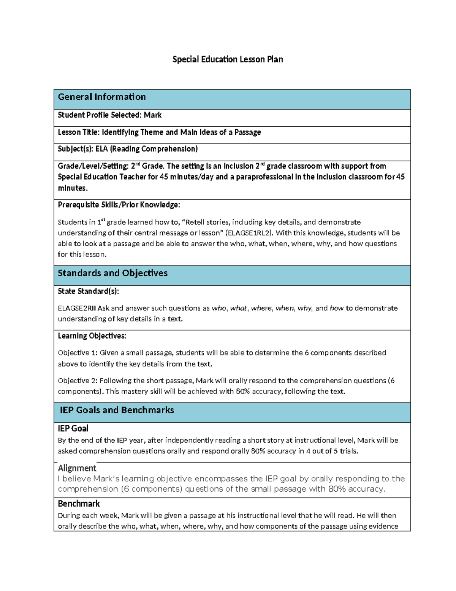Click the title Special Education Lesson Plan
click(227, 59)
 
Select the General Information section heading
click(101, 97)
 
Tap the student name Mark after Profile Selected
click(153, 115)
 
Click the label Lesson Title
click(79, 132)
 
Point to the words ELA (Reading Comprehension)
click(146, 149)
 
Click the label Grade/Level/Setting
click(93, 166)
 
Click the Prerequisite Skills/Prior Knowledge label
click(119, 205)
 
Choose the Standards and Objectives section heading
click(112, 273)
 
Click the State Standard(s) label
click(88, 291)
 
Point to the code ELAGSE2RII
click(77, 308)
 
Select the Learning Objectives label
click(92, 336)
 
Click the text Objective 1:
click(78, 353)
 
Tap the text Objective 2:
click(78, 381)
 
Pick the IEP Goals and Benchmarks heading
click(117, 410)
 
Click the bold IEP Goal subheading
click(73, 429)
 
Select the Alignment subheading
click(77, 468)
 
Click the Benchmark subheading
click(79, 503)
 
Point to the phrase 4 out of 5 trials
click(331, 451)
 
